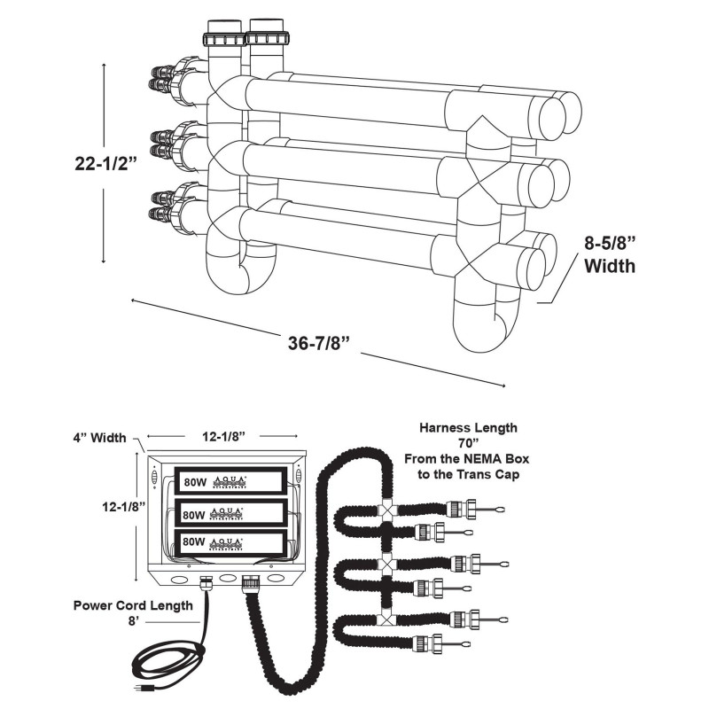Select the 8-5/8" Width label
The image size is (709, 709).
[610, 253]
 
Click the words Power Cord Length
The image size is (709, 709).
[133, 605]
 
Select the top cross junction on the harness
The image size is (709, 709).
[386, 510]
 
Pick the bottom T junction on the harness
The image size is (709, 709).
[386, 618]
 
